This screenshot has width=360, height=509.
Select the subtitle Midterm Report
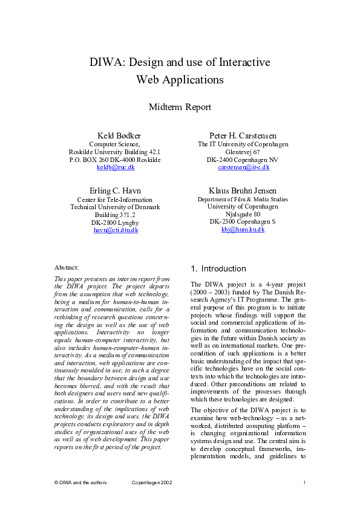[x=180, y=107]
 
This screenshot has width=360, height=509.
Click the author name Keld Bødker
[x=115, y=135]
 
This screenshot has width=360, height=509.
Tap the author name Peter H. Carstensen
[x=243, y=135]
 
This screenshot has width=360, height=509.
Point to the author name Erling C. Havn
[x=115, y=190]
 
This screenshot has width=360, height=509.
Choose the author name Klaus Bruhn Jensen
[x=243, y=190]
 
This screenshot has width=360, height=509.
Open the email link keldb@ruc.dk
[x=115, y=167]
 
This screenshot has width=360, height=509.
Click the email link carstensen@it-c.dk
[x=243, y=167]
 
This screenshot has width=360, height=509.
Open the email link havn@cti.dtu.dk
[x=115, y=230]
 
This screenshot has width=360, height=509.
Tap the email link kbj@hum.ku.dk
[x=243, y=230]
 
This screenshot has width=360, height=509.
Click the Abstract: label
[x=67, y=267]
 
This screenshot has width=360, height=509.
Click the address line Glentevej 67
[x=243, y=152]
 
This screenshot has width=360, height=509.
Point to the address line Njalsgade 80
[x=243, y=214]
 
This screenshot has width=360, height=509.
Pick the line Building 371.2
[x=115, y=215]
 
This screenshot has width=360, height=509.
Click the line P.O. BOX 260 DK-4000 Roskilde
[x=115, y=160]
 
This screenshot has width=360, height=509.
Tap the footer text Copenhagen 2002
[x=152, y=482]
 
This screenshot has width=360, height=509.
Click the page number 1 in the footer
[x=304, y=482]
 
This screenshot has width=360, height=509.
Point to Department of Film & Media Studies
[x=243, y=199]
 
